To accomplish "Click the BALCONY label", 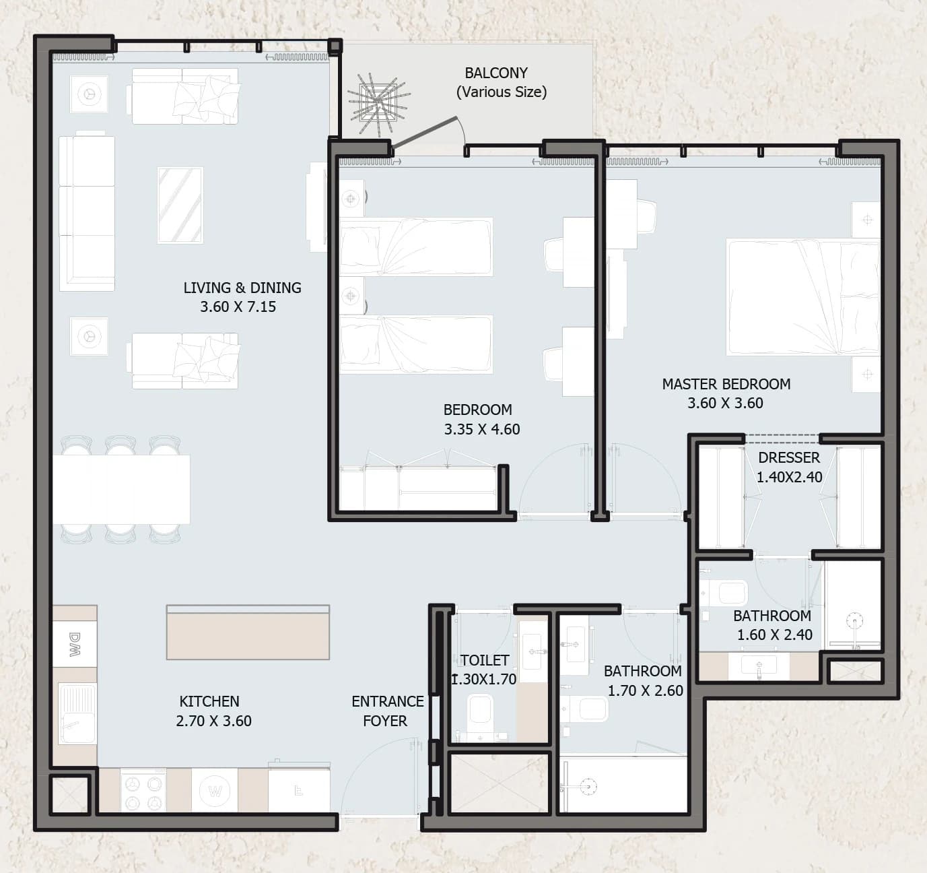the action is click(x=496, y=73).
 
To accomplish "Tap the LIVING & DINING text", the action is click(x=242, y=288).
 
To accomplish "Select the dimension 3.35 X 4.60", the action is click(x=482, y=429).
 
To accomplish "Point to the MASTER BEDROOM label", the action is click(x=726, y=384).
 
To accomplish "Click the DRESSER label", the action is click(x=789, y=458).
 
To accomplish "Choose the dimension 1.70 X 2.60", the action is click(x=645, y=690).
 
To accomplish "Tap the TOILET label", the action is click(x=485, y=660).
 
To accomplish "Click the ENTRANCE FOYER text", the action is click(x=387, y=711).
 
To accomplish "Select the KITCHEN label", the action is click(x=209, y=701).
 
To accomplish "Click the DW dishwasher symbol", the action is click(x=75, y=644).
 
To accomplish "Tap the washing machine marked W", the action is click(x=215, y=791).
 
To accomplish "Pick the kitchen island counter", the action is click(x=248, y=633).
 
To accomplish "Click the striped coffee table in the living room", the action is click(x=180, y=205).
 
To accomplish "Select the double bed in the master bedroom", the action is click(x=803, y=297).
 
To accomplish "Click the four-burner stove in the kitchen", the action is click(x=143, y=791).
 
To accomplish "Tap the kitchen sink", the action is click(x=77, y=714).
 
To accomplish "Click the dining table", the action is click(x=121, y=489).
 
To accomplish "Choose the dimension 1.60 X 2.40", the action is click(x=774, y=635).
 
